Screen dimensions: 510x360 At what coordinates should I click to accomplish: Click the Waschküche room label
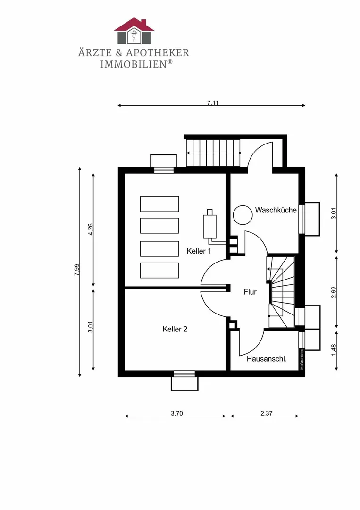276,210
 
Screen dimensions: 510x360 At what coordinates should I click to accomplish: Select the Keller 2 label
175,329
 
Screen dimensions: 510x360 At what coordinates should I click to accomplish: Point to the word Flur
250,292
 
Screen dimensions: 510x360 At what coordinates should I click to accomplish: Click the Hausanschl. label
267,359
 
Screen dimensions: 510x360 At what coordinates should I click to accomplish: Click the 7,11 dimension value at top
213,103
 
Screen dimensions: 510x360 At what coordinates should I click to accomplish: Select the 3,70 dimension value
176,414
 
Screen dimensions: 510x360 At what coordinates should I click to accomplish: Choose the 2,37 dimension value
267,414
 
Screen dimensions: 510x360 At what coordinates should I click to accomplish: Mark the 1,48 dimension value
334,350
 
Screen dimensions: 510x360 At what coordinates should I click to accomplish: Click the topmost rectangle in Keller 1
159,204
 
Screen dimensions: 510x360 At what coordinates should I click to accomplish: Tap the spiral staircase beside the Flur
281,292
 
